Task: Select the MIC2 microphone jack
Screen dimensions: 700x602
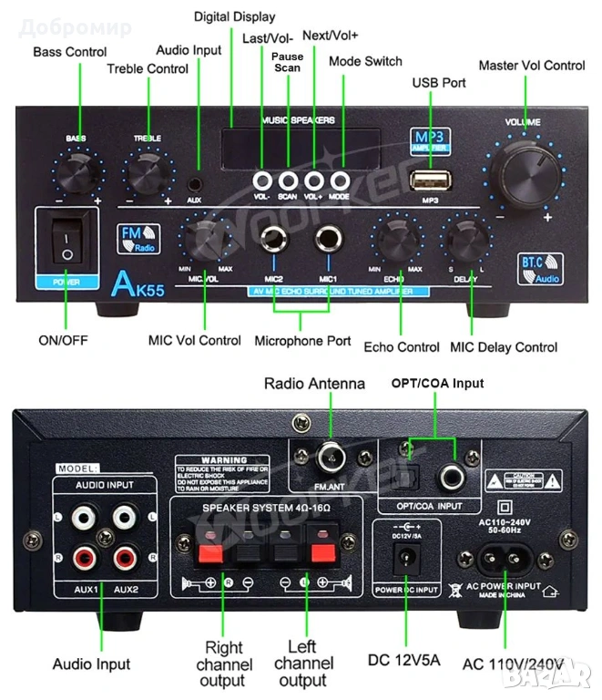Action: pos(273,242)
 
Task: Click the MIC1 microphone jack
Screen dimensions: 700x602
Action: pos(328,242)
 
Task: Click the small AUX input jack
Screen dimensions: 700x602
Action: pos(194,181)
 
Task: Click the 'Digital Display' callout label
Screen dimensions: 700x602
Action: pos(234,17)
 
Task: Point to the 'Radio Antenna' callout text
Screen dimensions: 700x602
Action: pos(314,384)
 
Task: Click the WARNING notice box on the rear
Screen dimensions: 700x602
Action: pos(224,476)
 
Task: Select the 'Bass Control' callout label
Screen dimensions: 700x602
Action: pos(70,52)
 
